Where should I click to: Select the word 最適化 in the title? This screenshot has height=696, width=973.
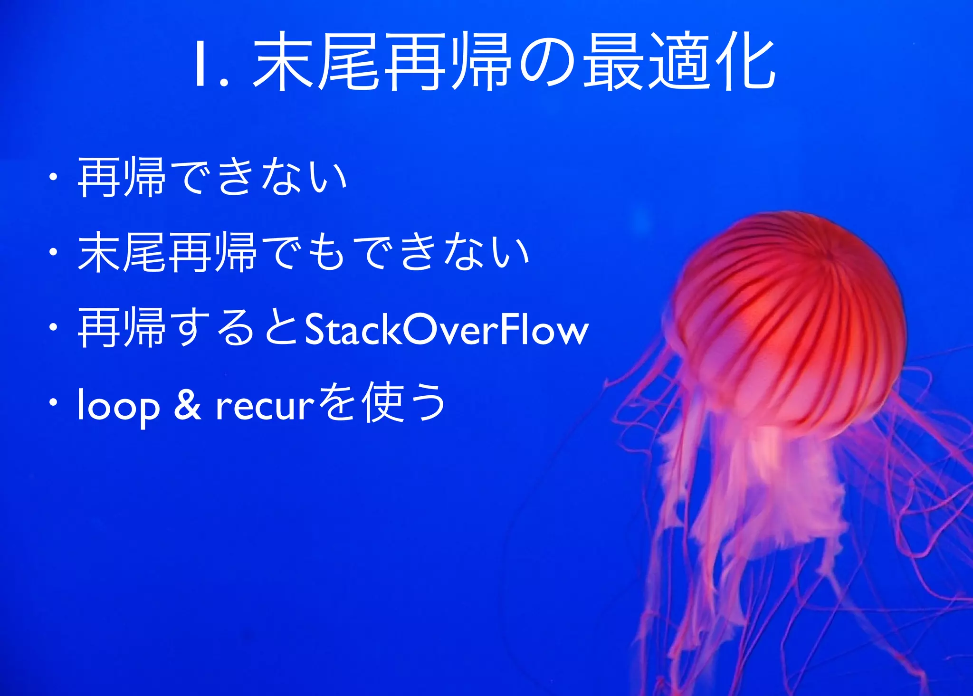(679, 62)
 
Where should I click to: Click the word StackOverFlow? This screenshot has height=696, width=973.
(447, 329)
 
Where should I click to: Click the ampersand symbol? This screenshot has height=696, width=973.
(187, 405)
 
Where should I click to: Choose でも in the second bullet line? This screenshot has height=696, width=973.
(304, 252)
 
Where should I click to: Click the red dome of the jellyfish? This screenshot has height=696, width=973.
(789, 309)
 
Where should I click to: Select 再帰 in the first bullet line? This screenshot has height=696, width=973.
(122, 178)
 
